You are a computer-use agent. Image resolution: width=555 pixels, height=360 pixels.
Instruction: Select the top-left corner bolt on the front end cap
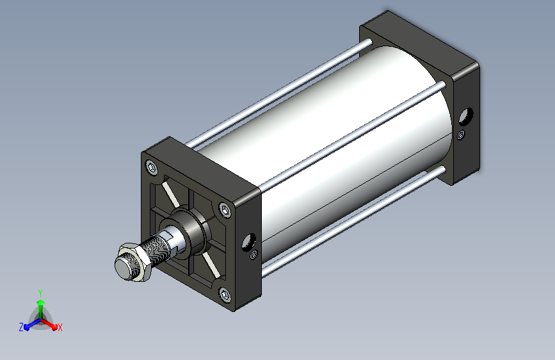point(152,168)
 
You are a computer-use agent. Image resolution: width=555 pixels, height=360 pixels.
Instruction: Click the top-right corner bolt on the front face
point(225,209)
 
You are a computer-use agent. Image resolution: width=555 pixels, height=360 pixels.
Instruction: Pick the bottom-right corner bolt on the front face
point(225,295)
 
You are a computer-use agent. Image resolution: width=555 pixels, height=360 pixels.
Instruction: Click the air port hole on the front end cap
point(249,242)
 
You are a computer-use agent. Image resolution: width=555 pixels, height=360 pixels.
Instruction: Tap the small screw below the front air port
point(253,254)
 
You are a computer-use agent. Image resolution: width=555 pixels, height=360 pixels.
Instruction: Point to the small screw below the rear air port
point(460,135)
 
